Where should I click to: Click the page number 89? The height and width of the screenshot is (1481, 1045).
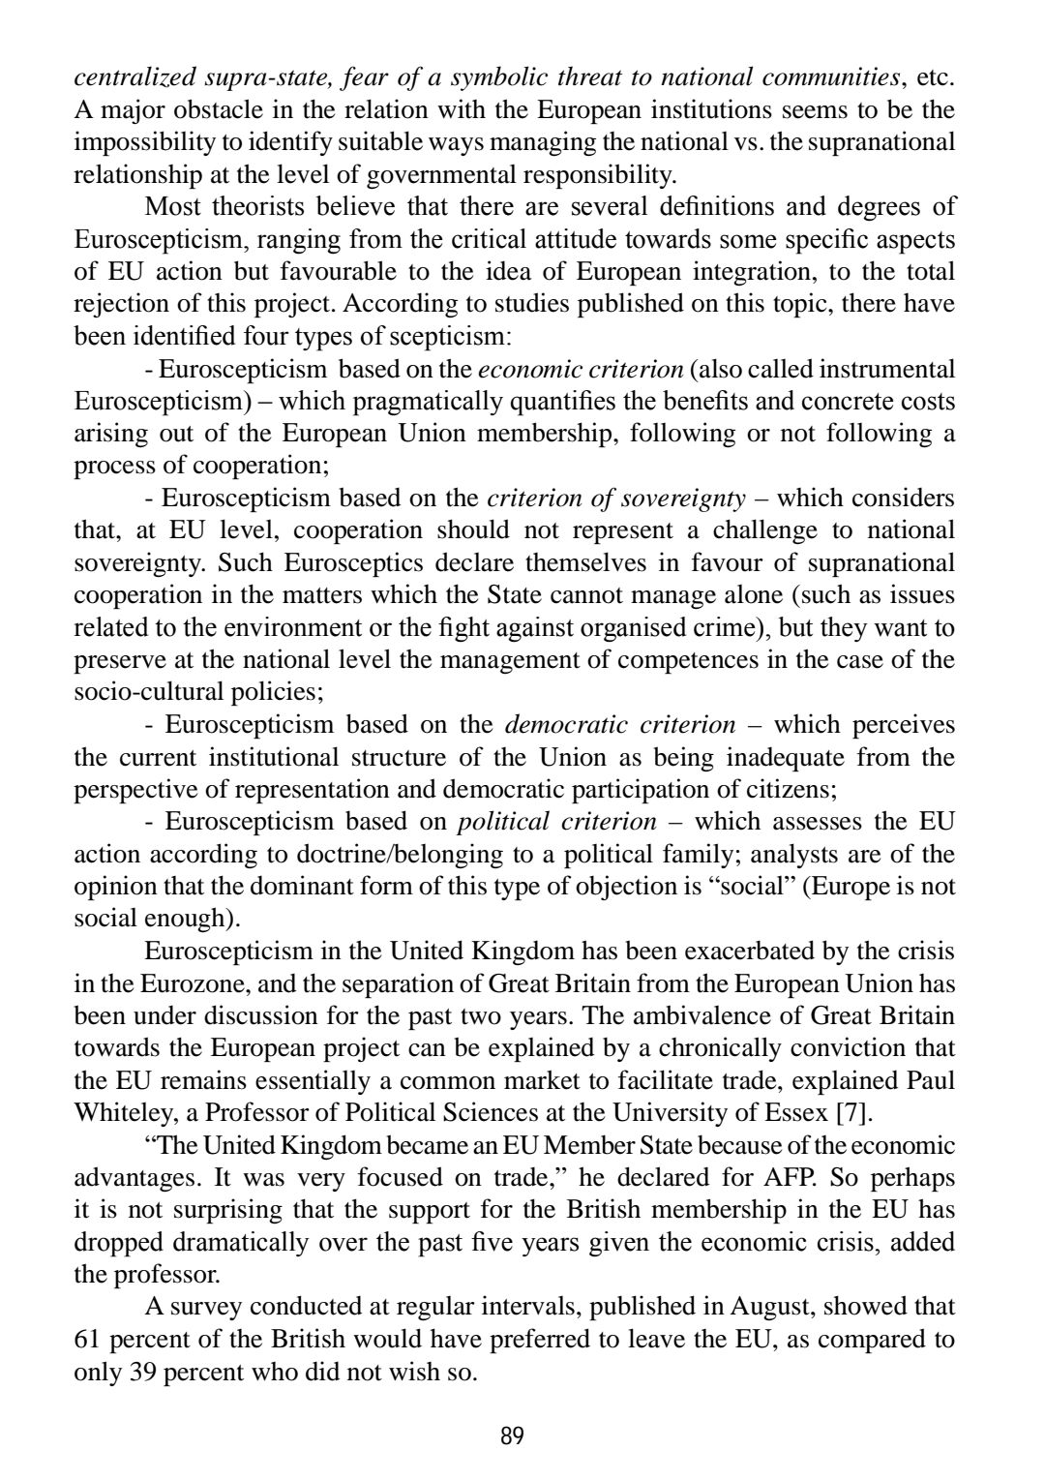[x=513, y=1435]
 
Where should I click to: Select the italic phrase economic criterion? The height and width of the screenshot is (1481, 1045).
[x=581, y=369]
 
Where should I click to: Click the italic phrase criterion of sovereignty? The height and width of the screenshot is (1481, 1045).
[x=616, y=499]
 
